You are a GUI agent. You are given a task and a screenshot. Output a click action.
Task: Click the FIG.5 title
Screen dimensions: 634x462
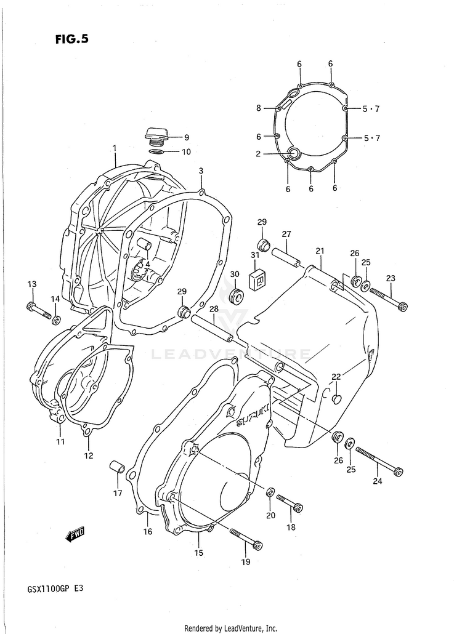71,39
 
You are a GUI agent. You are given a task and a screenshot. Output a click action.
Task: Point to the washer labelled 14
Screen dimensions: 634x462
56,319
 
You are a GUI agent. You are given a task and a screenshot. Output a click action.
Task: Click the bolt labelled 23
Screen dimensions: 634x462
388,298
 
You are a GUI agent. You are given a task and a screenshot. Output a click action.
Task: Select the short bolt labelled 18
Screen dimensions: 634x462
290,502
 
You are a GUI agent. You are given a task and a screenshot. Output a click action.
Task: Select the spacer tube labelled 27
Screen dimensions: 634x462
286,257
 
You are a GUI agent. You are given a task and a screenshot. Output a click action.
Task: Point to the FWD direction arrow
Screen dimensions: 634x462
75,534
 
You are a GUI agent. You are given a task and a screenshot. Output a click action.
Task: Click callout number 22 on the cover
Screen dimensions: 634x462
336,377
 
